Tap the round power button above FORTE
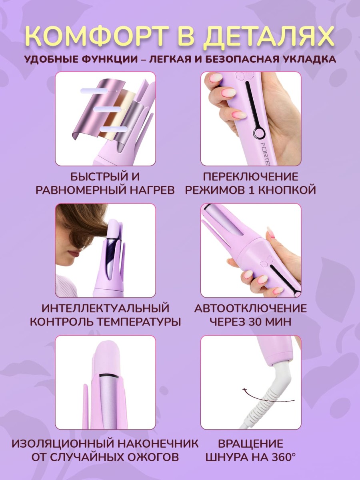pyautogui.click(x=259, y=132)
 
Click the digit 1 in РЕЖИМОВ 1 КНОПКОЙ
pyautogui.click(x=251, y=190)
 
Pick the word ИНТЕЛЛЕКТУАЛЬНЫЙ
pyautogui.click(x=105, y=308)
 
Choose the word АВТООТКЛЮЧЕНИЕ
pyautogui.click(x=250, y=308)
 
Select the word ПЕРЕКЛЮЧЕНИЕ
pyautogui.click(x=250, y=177)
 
